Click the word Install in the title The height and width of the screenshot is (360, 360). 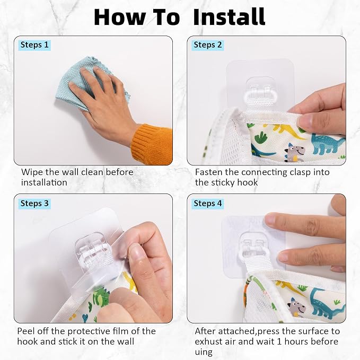pos(229,17)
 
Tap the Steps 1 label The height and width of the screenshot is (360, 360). pos(34,45)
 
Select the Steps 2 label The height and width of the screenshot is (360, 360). pos(208,45)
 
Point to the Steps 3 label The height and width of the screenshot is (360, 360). pos(34,204)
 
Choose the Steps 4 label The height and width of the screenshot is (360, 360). pos(208,204)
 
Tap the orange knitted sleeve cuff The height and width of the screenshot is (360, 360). pos(152,144)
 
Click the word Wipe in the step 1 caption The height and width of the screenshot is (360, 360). pos(32,172)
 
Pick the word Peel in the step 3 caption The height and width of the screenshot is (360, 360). pos(25,331)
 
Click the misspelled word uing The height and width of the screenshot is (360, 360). pos(204,352)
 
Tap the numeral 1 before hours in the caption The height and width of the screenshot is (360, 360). pos(279,341)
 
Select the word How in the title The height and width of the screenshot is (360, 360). pos(120,17)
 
